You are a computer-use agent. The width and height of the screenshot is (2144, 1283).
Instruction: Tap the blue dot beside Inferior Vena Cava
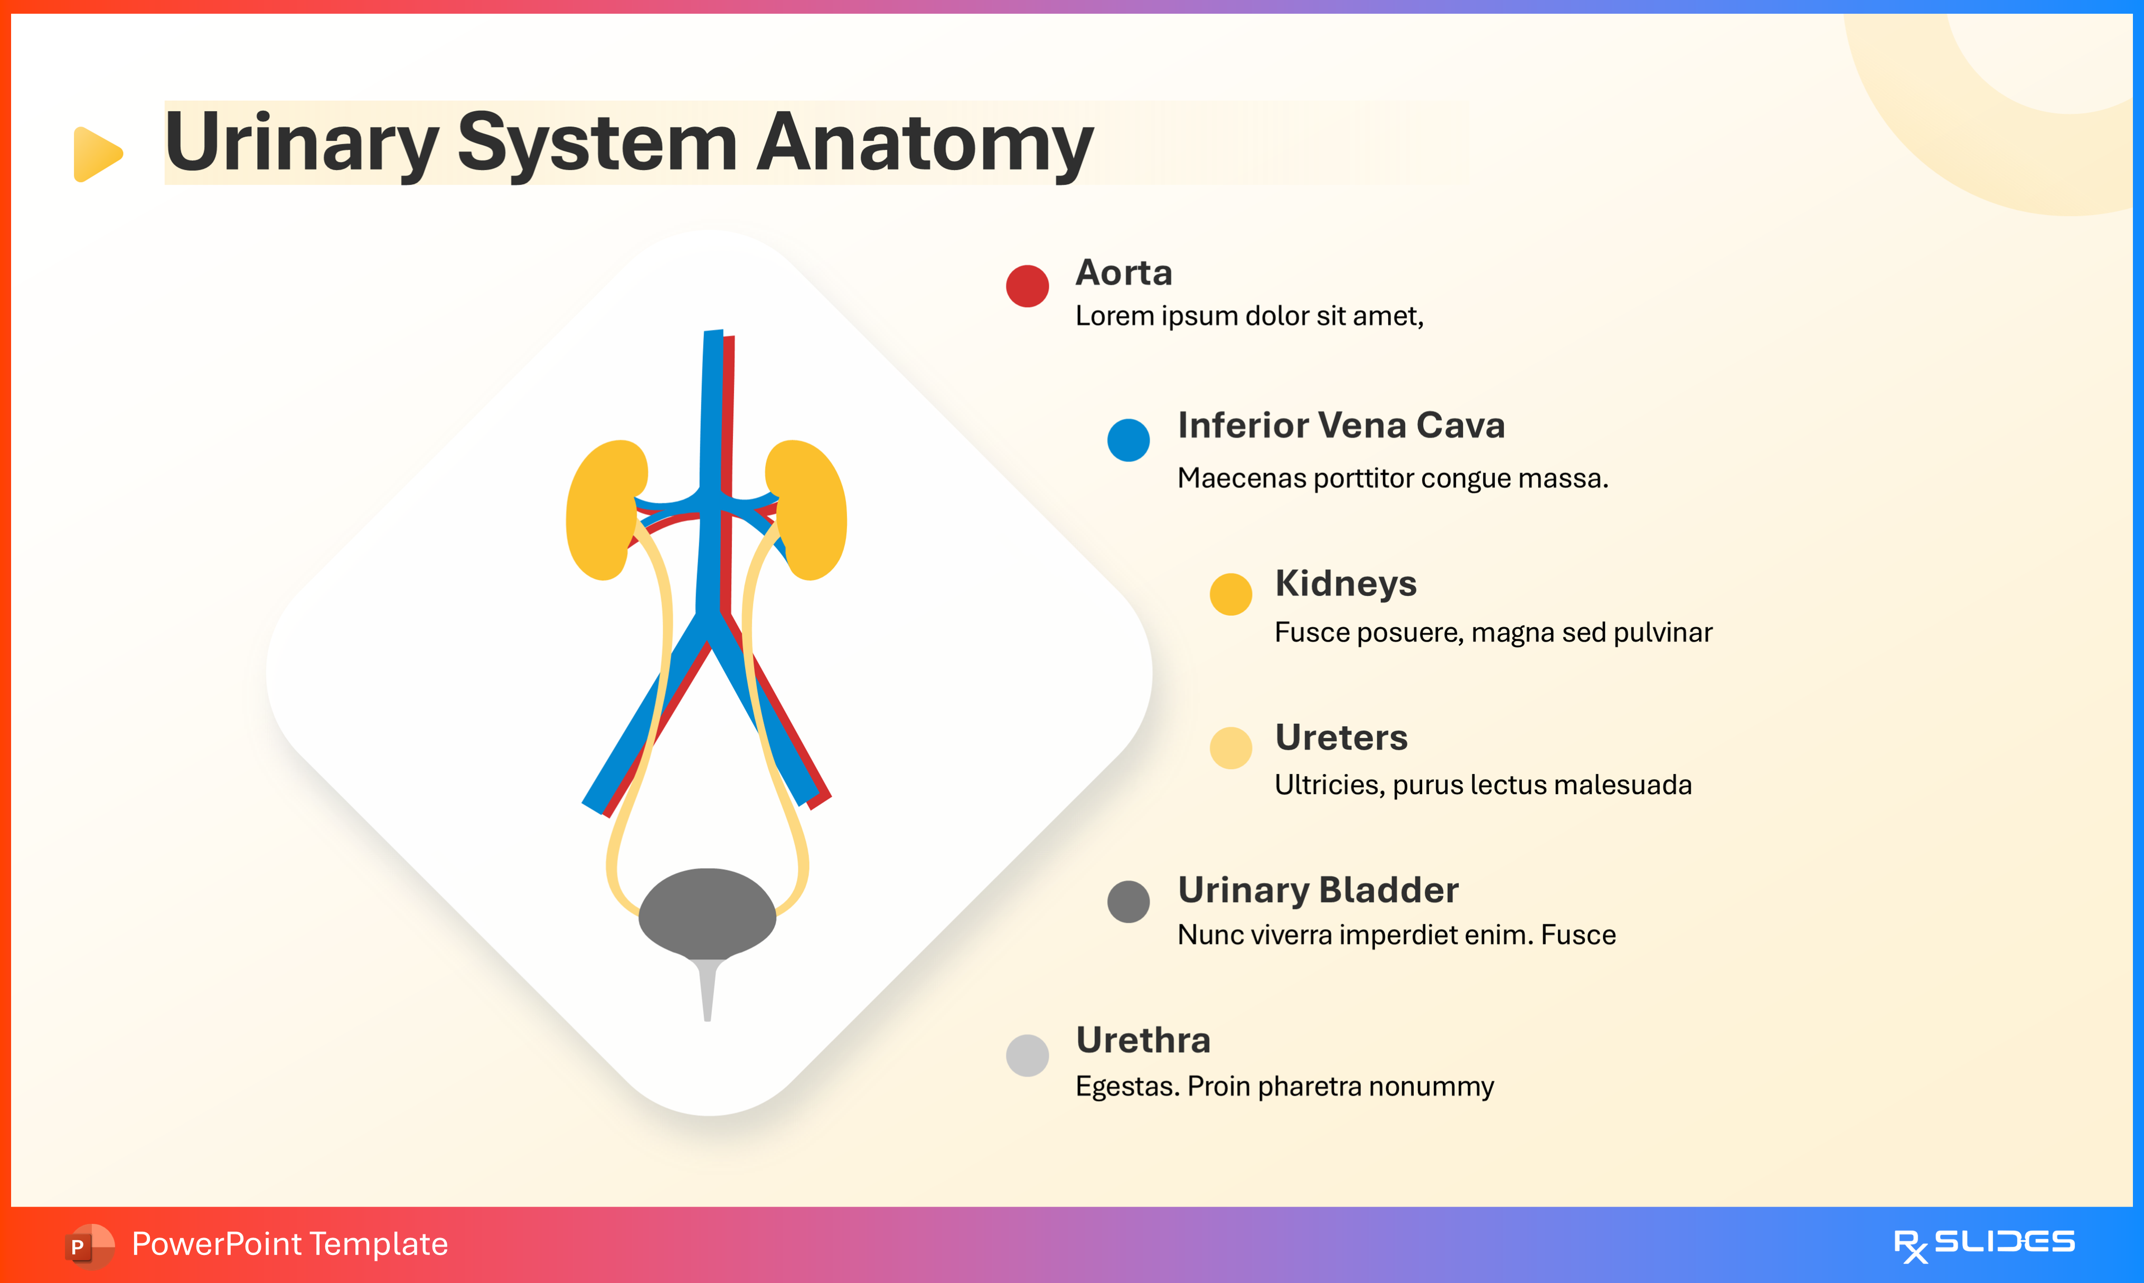pyautogui.click(x=1128, y=440)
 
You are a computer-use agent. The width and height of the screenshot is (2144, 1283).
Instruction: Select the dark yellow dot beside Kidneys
pyautogui.click(x=1230, y=594)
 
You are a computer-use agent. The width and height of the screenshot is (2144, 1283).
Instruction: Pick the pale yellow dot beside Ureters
pyautogui.click(x=1230, y=748)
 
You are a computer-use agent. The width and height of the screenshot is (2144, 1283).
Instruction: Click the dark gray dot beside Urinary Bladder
pyautogui.click(x=1128, y=902)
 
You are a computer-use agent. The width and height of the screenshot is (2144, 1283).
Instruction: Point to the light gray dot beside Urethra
pyautogui.click(x=1027, y=1055)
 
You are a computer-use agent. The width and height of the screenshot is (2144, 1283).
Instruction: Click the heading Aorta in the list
pyautogui.click(x=1123, y=272)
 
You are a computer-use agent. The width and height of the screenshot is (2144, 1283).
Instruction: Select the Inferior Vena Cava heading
pyautogui.click(x=1341, y=426)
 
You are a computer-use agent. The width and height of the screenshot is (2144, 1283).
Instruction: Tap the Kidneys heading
pyautogui.click(x=1345, y=583)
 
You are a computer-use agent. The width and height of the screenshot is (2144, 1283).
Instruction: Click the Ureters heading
pyautogui.click(x=1341, y=738)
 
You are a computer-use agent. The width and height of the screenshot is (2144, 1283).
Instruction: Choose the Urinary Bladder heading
pyautogui.click(x=1318, y=890)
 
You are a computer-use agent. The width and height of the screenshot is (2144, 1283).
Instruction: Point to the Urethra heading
pyautogui.click(x=1143, y=1040)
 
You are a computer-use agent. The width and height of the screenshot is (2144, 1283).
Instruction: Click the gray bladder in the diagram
pyautogui.click(x=707, y=913)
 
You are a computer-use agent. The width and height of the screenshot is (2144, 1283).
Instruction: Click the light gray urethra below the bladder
pyautogui.click(x=707, y=990)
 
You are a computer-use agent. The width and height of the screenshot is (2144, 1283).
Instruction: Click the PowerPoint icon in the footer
pyautogui.click(x=88, y=1245)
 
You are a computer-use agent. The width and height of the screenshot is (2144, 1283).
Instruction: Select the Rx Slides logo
pyautogui.click(x=1983, y=1244)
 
